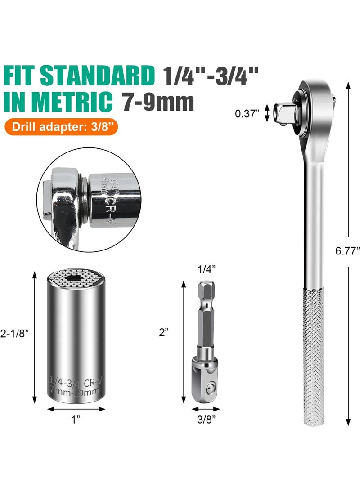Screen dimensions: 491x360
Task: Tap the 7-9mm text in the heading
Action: click(158, 101)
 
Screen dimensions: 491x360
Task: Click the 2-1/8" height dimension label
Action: click(16, 334)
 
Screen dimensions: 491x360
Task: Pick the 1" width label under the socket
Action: click(76, 420)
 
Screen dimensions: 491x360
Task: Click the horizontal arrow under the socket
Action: click(76, 409)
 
